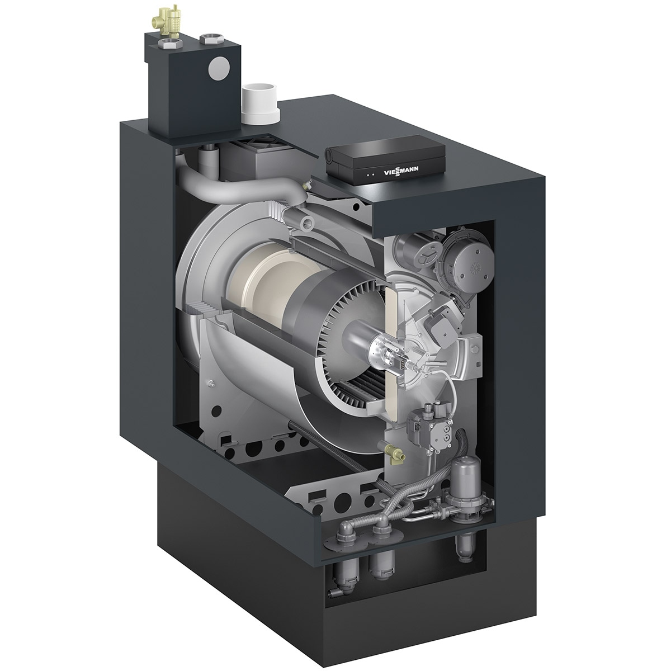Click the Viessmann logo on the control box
401,171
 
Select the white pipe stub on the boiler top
261,104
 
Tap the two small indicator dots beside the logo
371,174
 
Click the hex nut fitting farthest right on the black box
210,39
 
